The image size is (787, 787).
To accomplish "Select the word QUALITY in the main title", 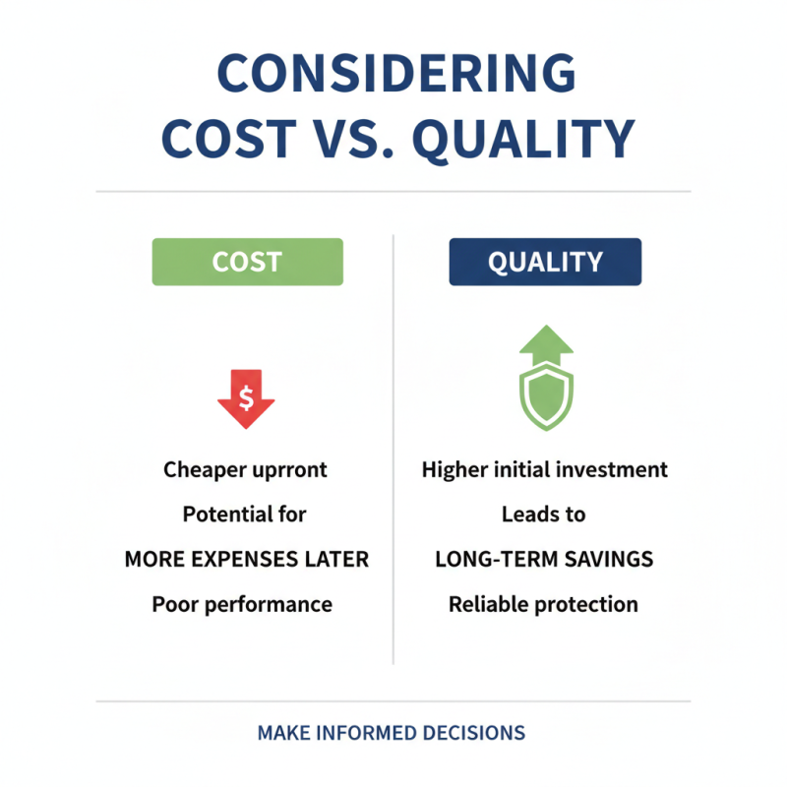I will coord(522,140).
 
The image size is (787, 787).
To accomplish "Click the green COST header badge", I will coord(247,262).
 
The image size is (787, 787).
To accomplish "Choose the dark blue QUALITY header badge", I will coord(545,262).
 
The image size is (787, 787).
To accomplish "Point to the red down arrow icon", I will coord(246,397).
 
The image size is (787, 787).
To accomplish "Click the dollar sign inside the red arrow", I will coord(246,397).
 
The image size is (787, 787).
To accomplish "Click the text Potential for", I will coord(245,515).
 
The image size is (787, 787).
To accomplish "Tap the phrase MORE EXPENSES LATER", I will coord(246,560).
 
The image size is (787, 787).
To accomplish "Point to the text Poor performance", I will coord(242,604).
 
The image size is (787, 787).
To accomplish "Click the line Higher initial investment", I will coord(545,470).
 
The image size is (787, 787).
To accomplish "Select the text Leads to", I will coord(543,515).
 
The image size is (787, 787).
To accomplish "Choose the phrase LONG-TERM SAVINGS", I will coord(544,560).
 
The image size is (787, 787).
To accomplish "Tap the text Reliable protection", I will coord(543,604).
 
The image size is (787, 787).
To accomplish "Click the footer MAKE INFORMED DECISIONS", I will coord(392,734).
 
